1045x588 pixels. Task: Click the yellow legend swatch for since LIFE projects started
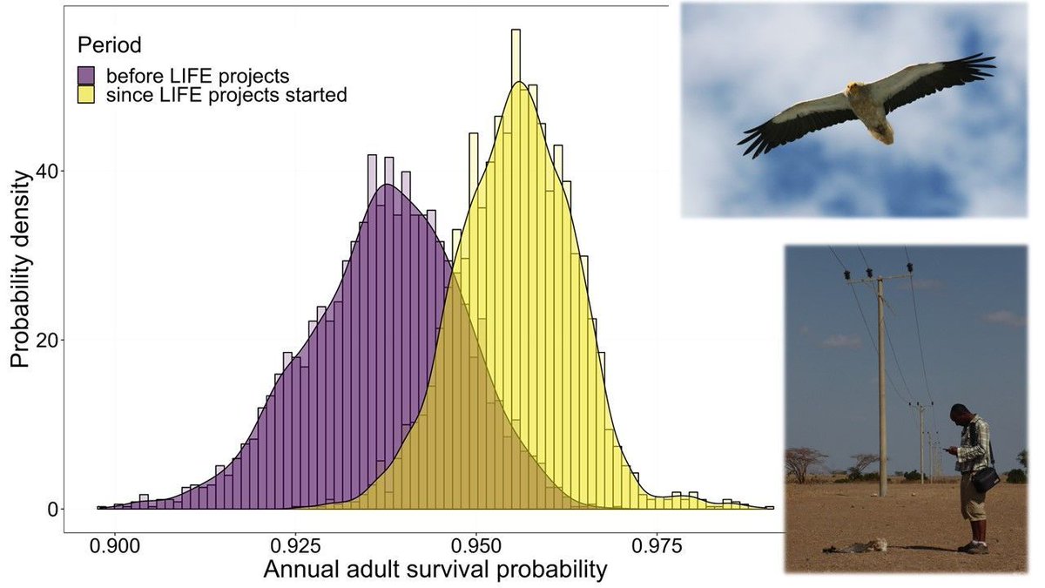tap(87, 95)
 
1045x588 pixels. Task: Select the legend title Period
tap(109, 44)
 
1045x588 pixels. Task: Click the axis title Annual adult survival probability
tap(435, 571)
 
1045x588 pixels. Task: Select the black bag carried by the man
tap(987, 478)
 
